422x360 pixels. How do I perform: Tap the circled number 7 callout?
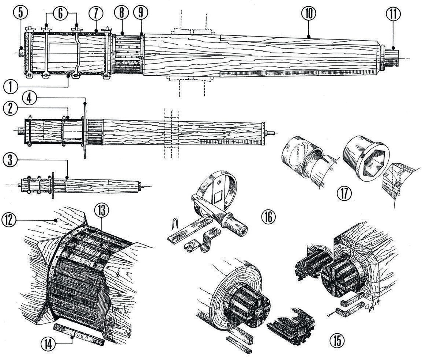[x=96, y=14]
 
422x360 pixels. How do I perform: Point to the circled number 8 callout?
[x=121, y=14]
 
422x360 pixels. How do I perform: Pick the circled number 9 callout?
[x=140, y=14]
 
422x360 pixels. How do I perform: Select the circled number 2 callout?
[x=11, y=108]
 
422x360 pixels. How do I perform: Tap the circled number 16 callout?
[x=268, y=217]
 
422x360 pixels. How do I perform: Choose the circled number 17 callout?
[x=344, y=193]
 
